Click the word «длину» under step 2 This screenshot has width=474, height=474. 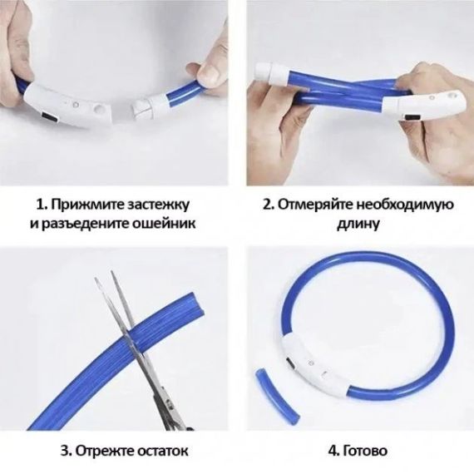(x=358, y=225)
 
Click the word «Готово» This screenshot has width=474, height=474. (x=365, y=451)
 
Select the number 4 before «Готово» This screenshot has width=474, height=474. (x=333, y=452)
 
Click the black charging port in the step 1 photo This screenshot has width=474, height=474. (x=49, y=119)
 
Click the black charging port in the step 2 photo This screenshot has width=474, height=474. (x=412, y=117)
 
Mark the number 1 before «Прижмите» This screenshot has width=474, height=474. (x=41, y=205)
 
